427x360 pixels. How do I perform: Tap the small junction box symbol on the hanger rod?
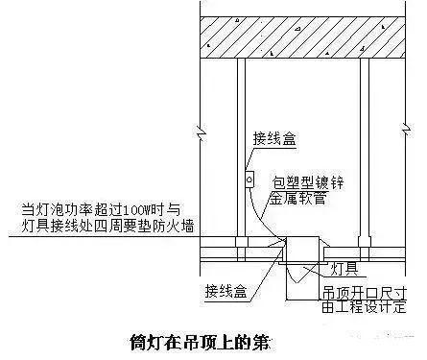point(248,179)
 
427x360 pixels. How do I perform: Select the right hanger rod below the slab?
point(365,144)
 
